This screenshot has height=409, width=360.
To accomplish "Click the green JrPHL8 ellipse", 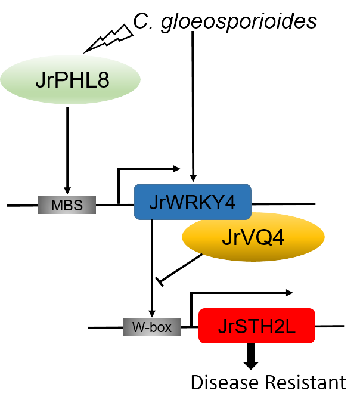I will [70, 80].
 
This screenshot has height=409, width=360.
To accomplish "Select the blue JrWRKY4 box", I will [192, 202].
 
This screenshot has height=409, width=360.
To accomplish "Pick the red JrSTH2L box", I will [256, 326].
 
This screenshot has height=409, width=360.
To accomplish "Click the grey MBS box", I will [67, 205].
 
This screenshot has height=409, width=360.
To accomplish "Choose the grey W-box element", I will [152, 327].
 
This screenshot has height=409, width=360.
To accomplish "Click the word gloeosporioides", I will [241, 21].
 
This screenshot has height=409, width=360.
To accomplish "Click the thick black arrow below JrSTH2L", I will [252, 357].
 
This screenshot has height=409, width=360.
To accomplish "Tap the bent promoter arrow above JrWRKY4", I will [143, 170].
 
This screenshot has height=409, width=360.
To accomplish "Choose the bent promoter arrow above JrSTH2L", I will [238, 293].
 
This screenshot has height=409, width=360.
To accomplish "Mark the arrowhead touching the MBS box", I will [67, 190].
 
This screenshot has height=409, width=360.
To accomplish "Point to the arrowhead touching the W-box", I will [153, 313].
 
